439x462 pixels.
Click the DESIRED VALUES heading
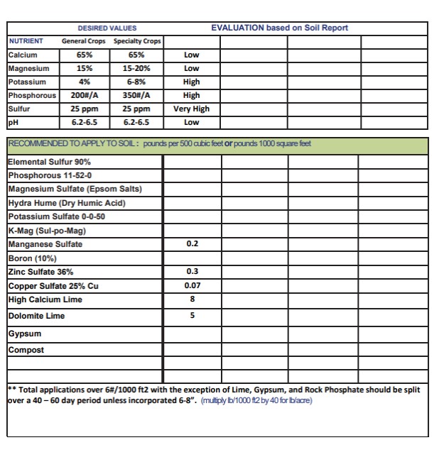[x=107, y=28]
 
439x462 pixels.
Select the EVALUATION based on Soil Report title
[x=279, y=28]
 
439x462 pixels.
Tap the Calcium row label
[x=23, y=55]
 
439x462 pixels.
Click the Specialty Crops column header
[x=138, y=41]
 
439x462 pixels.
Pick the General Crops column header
[x=84, y=41]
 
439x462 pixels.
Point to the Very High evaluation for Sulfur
[x=191, y=109]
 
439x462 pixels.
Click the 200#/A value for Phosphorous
[x=84, y=96]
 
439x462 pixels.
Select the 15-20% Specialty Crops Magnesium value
[x=137, y=68]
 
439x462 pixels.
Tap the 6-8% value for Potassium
[x=137, y=82]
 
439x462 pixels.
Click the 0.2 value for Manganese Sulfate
[x=192, y=244]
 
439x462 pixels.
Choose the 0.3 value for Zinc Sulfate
[x=192, y=272]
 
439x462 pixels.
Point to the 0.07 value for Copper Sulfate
[x=192, y=286]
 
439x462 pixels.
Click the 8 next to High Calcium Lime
[x=192, y=299]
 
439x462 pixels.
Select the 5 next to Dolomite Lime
[x=192, y=316]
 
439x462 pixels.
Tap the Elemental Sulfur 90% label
[x=49, y=162]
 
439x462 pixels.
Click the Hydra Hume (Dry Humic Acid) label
[x=67, y=203]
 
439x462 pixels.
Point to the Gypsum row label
[x=25, y=334]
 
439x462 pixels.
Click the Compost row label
[x=26, y=350]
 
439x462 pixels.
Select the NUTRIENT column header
[x=26, y=41]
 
